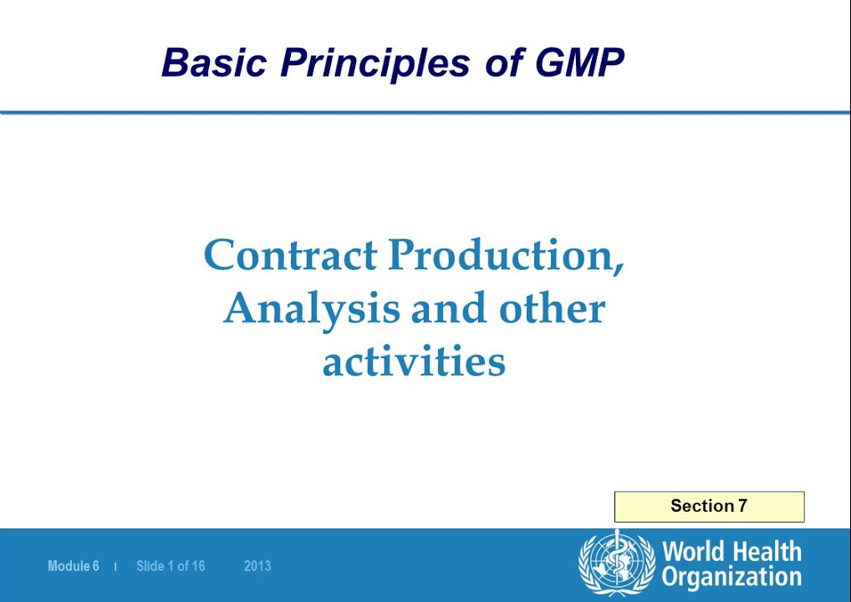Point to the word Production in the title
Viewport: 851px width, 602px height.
(506, 255)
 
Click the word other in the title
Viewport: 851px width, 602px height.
(552, 309)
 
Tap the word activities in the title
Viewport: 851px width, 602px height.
(414, 362)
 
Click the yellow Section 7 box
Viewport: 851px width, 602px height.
(709, 507)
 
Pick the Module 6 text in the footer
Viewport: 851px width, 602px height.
(74, 566)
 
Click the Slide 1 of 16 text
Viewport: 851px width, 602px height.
(171, 566)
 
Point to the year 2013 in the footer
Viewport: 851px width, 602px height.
(257, 566)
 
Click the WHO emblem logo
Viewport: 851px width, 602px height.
(617, 564)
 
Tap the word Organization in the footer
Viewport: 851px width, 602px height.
(731, 577)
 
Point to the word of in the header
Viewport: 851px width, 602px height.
(504, 63)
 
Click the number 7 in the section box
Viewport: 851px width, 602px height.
(742, 506)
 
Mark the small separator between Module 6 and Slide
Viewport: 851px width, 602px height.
(115, 567)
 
